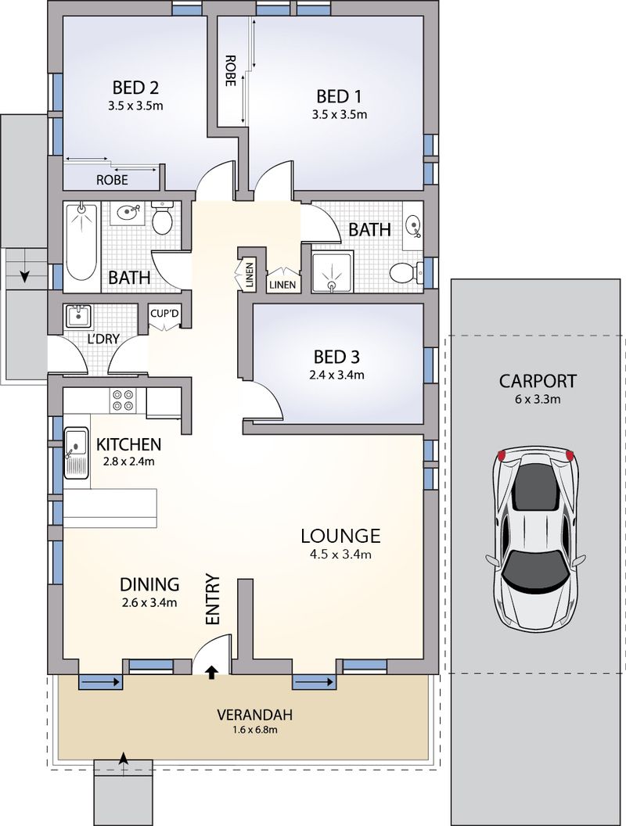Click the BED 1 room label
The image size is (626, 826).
pyautogui.click(x=339, y=96)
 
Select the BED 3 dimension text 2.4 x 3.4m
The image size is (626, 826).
pyautogui.click(x=336, y=375)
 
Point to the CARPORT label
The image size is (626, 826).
pyautogui.click(x=538, y=382)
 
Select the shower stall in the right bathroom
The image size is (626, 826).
pyautogui.click(x=332, y=270)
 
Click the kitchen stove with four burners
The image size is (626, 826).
pyautogui.click(x=122, y=400)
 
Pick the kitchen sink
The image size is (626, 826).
pyautogui.click(x=77, y=452)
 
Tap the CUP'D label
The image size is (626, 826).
pyautogui.click(x=164, y=314)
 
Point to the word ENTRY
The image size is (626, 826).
pyautogui.click(x=212, y=600)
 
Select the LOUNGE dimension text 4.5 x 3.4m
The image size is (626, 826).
pyautogui.click(x=340, y=555)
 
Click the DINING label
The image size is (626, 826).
pyautogui.click(x=149, y=584)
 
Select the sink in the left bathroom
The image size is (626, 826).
pyautogui.click(x=128, y=212)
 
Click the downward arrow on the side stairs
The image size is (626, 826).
pyautogui.click(x=25, y=275)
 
